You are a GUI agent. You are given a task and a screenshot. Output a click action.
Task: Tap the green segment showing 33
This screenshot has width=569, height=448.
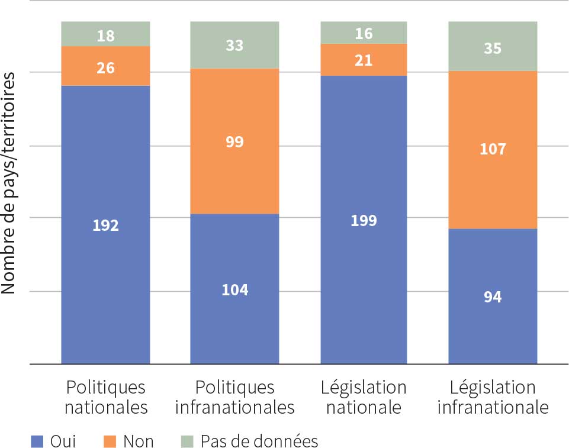(x=234, y=45)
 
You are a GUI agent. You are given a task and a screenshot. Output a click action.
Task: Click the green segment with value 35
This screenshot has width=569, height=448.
(x=493, y=47)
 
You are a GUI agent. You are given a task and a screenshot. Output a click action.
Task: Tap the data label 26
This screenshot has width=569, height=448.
(x=105, y=68)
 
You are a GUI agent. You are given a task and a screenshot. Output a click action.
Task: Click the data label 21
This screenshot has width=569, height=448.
(x=364, y=60)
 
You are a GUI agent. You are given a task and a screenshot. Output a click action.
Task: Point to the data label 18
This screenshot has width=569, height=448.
(x=105, y=36)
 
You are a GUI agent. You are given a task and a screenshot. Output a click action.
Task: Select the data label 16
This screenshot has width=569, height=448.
(x=364, y=34)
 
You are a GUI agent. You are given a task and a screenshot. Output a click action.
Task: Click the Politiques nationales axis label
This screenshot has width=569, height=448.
(x=105, y=397)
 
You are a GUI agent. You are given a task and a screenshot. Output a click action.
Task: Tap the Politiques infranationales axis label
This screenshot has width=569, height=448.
(x=234, y=397)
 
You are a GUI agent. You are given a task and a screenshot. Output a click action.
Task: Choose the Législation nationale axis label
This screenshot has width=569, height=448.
(x=364, y=397)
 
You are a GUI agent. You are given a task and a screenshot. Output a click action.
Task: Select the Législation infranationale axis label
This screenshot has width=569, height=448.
(x=493, y=397)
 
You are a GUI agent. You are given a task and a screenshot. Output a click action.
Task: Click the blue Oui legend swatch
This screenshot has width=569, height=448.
(x=37, y=441)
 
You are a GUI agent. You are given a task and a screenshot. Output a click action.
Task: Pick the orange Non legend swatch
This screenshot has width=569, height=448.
(x=111, y=441)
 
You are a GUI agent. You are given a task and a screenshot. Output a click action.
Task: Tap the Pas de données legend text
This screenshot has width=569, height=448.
(x=259, y=441)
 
